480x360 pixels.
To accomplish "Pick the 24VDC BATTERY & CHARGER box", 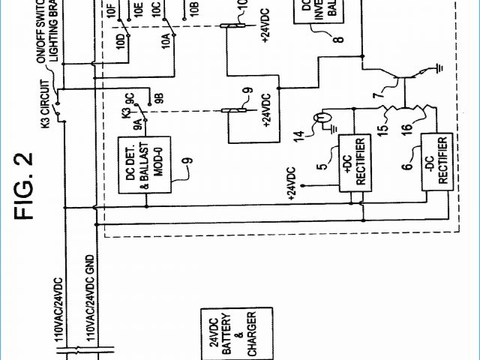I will pyautogui.click(x=229, y=334).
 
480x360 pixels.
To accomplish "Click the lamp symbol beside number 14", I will pyautogui.click(x=323, y=118).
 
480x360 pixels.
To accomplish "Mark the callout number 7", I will pyautogui.click(x=377, y=95).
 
